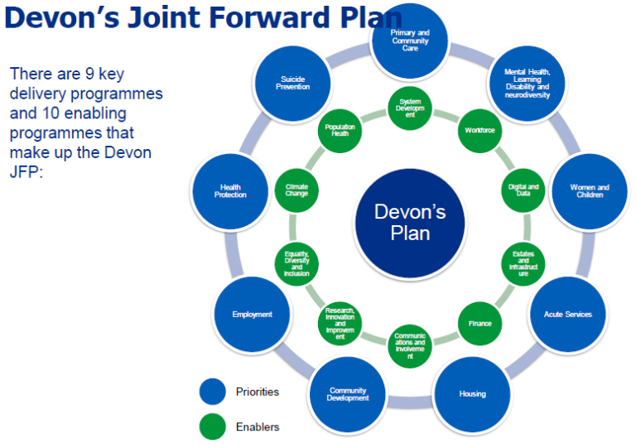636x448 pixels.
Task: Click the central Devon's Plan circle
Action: pos(410,222)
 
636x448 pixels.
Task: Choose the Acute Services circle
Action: pos(567,315)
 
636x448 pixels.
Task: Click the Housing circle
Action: pos(473,393)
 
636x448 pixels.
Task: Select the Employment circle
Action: pos(252,315)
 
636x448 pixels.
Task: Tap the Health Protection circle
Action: pos(230,191)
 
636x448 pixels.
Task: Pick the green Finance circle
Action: pos(479,324)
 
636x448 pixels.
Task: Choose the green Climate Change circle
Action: pos(296,190)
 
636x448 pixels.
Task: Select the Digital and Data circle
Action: pos(523,190)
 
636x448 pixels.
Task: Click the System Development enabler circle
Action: pos(410,108)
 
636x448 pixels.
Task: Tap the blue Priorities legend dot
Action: pos(213,392)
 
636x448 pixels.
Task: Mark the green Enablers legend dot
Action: pos(213,427)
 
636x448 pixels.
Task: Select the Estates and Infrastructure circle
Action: pos(523,264)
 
